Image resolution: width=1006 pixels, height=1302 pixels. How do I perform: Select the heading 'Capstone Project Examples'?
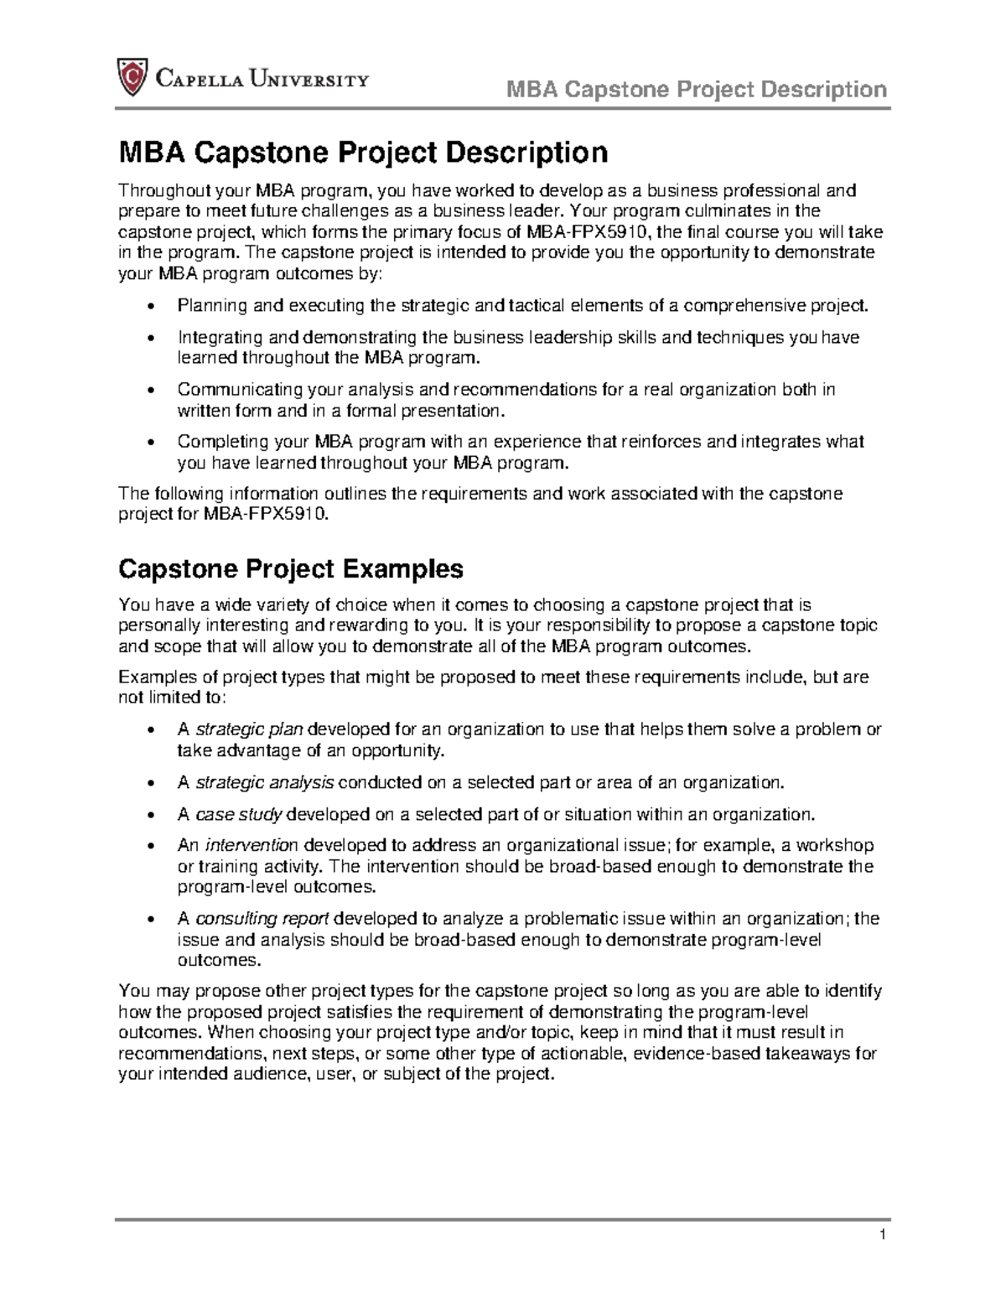click(x=290, y=569)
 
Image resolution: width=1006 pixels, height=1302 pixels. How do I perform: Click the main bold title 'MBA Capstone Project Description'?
click(x=362, y=153)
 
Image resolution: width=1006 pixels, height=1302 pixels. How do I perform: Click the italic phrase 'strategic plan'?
click(x=249, y=729)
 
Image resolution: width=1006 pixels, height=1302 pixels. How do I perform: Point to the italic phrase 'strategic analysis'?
click(x=264, y=782)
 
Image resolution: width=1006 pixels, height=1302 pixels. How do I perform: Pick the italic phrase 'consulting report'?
click(x=262, y=918)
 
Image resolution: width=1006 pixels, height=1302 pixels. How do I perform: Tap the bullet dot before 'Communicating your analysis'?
click(x=151, y=391)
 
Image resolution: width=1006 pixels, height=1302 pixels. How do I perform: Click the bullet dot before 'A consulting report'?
click(x=151, y=919)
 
